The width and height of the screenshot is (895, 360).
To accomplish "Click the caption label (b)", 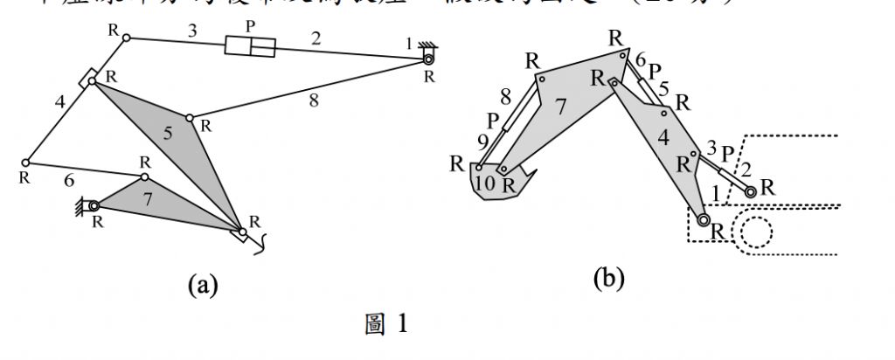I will pos(608,279).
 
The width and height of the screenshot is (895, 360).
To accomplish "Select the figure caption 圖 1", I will pos(385,325).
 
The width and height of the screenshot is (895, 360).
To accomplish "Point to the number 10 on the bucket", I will pos(485,183).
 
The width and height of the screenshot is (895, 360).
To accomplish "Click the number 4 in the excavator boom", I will pos(663,137).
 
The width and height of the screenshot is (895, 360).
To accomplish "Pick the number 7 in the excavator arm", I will pos(560,107).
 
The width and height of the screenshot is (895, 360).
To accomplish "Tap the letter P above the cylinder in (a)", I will pos(251,26).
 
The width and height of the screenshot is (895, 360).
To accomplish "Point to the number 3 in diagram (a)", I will pos(192,32).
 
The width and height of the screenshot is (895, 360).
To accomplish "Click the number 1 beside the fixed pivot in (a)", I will pos(407,43).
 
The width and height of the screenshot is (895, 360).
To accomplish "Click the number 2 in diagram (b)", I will pos(746,169).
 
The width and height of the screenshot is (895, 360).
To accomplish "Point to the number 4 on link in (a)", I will pos(60,101).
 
